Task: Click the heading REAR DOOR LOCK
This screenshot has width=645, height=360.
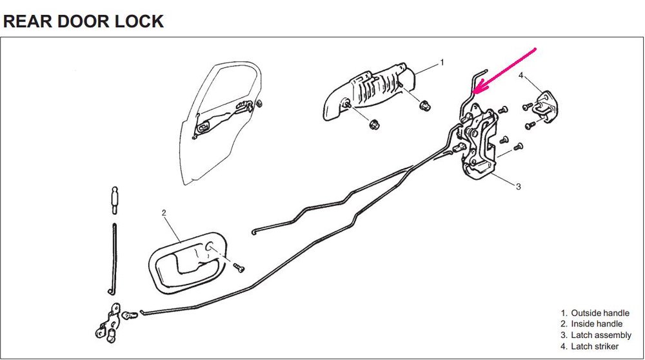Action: click(83, 21)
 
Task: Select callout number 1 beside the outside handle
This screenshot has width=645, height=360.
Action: click(442, 63)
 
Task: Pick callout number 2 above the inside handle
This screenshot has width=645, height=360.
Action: click(164, 213)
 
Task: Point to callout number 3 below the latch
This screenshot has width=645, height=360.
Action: click(519, 186)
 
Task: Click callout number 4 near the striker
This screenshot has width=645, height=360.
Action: click(521, 75)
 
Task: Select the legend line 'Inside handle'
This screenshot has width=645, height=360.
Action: click(591, 325)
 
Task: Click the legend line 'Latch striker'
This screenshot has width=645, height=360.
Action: click(590, 346)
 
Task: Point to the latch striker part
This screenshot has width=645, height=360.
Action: click(543, 106)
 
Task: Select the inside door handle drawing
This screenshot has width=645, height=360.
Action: click(188, 262)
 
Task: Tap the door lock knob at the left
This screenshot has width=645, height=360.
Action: click(114, 199)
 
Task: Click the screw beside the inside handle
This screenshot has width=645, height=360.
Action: click(239, 268)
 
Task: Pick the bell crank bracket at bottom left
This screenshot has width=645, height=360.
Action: click(108, 324)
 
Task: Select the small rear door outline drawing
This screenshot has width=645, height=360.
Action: click(222, 123)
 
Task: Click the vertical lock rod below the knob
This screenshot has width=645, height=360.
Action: click(114, 259)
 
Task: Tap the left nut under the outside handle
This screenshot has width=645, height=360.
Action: click(374, 123)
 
